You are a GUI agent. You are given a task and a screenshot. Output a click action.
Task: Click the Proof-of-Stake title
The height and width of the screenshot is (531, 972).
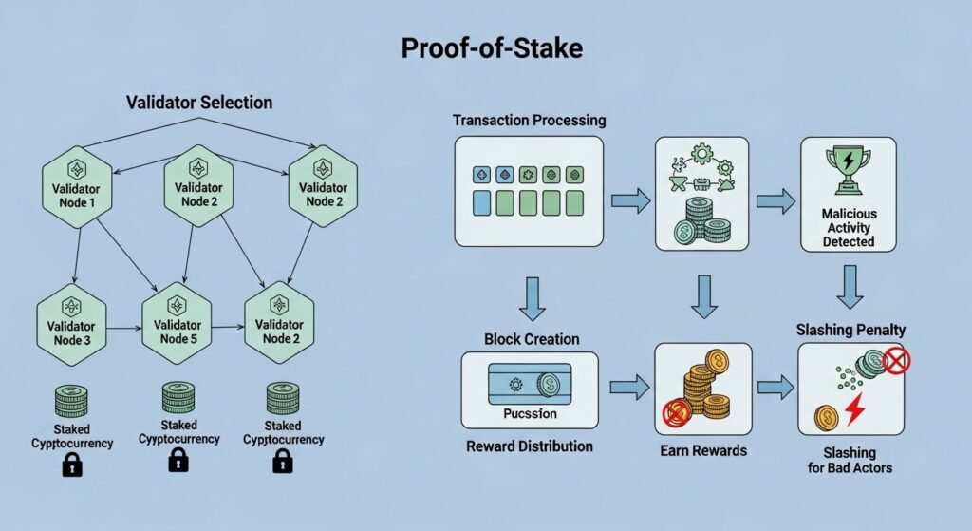click(x=485, y=50)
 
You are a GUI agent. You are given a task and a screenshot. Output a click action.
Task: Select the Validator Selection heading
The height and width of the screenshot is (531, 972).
click(x=199, y=102)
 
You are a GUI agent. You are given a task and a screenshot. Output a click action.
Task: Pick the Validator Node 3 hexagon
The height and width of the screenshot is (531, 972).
click(x=70, y=318)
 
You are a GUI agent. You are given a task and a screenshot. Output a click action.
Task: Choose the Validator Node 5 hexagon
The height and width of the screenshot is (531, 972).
click(x=175, y=318)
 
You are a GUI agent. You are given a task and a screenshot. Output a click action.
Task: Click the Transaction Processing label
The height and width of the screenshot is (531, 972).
click(x=529, y=122)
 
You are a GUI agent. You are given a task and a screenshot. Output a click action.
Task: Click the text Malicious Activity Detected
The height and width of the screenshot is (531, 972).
click(x=848, y=229)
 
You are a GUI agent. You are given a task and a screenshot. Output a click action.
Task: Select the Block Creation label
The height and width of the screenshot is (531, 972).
click(x=532, y=339)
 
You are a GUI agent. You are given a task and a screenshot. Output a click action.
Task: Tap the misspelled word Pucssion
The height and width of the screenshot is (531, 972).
click(x=529, y=413)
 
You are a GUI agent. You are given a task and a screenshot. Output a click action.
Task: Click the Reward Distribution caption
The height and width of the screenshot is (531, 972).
click(x=530, y=446)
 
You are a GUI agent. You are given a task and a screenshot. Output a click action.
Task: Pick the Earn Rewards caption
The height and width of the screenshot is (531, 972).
click(x=703, y=449)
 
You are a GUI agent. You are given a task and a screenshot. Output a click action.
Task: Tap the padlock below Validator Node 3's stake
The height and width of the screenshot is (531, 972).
click(x=72, y=465)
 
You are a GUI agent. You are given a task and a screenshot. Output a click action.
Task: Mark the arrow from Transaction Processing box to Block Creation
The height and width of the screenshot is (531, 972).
click(x=529, y=298)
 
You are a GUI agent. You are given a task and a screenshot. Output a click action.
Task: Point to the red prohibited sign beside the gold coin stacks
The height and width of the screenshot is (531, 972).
click(x=676, y=412)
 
